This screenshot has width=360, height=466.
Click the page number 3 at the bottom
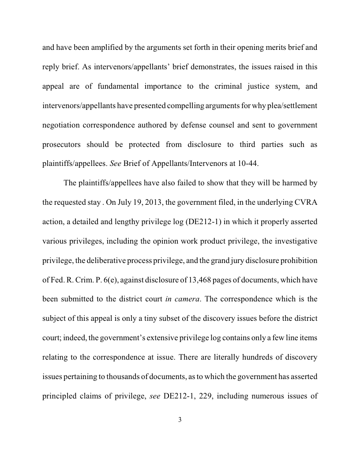click(x=180, y=420)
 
